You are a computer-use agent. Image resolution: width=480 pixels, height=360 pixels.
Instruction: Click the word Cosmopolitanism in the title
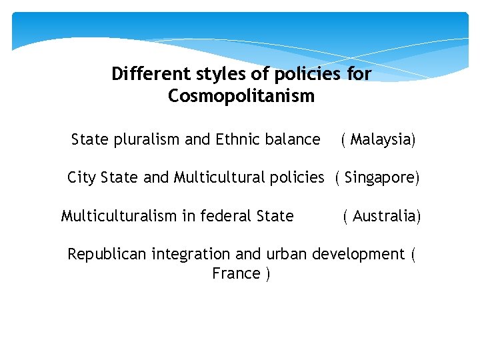(x=241, y=97)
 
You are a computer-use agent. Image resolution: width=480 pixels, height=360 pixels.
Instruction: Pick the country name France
(x=235, y=273)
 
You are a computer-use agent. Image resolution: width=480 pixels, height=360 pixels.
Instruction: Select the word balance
(x=293, y=139)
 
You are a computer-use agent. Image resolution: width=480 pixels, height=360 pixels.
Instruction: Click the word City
(x=81, y=178)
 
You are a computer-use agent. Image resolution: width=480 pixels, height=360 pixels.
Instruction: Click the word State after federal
(x=275, y=216)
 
